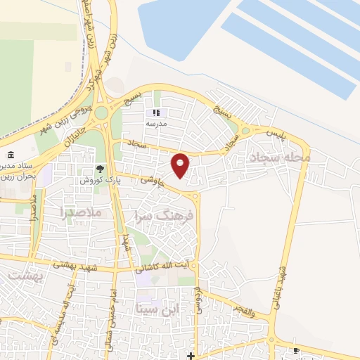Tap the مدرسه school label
pyautogui.click(x=156, y=122)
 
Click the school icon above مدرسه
pyautogui.click(x=156, y=112)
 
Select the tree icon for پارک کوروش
pyautogui.click(x=101, y=169)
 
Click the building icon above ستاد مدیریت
pyautogui.click(x=10, y=155)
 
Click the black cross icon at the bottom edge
pyautogui.click(x=190, y=355)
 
